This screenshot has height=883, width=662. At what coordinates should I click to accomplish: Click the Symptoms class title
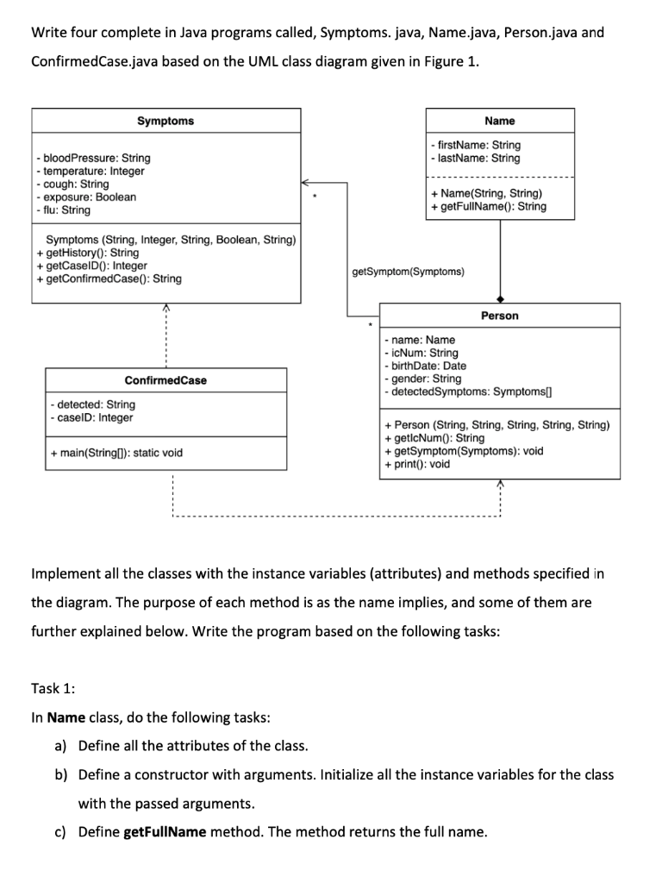[165, 121]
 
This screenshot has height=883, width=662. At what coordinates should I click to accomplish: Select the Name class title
[500, 121]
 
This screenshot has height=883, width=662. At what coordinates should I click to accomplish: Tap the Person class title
[500, 316]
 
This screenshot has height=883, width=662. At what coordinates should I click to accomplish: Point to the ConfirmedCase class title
[165, 380]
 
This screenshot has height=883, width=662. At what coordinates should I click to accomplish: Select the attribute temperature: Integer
[91, 171]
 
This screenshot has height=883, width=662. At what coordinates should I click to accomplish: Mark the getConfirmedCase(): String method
[109, 279]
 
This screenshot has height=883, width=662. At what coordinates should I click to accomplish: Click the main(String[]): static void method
[116, 452]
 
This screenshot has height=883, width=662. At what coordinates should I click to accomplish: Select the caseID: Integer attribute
[91, 417]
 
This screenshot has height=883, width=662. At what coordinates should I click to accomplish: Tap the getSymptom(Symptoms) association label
[408, 272]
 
